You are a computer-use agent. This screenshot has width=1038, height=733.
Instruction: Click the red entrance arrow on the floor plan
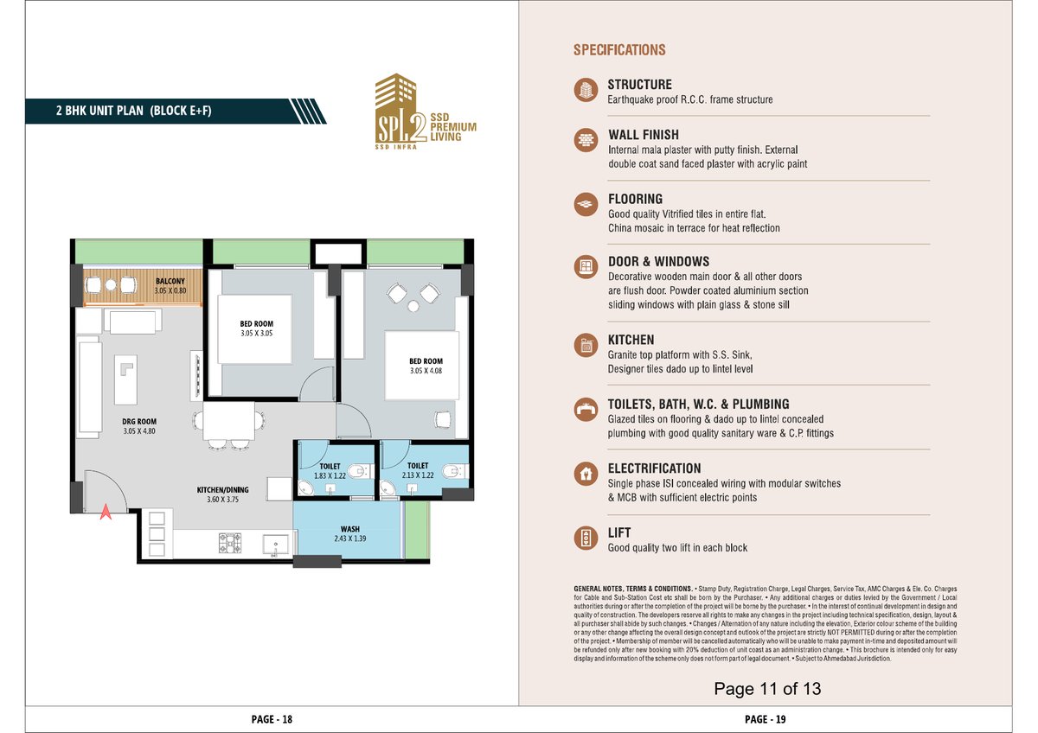click(106, 512)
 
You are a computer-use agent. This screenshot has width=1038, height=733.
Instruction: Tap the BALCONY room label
click(170, 281)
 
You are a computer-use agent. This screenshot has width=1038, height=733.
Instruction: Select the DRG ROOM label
click(139, 421)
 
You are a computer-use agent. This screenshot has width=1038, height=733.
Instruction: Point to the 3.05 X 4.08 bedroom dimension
click(426, 371)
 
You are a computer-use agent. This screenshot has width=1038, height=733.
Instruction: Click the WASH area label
click(349, 529)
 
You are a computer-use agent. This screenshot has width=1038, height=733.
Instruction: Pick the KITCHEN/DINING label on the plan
click(222, 489)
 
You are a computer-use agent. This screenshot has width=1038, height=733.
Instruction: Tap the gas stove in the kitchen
click(230, 543)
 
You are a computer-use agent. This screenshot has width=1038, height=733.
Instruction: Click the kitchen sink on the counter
click(276, 545)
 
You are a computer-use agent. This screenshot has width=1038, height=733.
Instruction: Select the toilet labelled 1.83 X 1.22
click(330, 471)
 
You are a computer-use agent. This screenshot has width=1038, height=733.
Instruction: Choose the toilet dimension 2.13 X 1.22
click(418, 475)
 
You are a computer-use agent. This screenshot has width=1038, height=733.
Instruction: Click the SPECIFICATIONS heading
click(619, 50)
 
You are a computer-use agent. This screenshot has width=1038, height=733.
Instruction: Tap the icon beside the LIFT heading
click(586, 538)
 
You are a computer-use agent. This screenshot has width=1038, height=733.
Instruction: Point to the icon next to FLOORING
click(586, 204)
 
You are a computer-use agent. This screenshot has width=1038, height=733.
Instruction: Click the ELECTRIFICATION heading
click(654, 468)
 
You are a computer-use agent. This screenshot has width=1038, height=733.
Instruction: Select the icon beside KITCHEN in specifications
click(586, 345)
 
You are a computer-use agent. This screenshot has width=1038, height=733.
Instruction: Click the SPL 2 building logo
click(426, 112)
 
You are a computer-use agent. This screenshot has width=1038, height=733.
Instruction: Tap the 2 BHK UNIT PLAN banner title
click(133, 111)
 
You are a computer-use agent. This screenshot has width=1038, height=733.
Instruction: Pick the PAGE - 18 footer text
click(272, 719)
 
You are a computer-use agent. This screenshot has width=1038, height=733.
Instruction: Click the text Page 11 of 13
click(767, 689)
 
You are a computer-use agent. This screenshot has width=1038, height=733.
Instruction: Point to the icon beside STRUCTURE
click(586, 89)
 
